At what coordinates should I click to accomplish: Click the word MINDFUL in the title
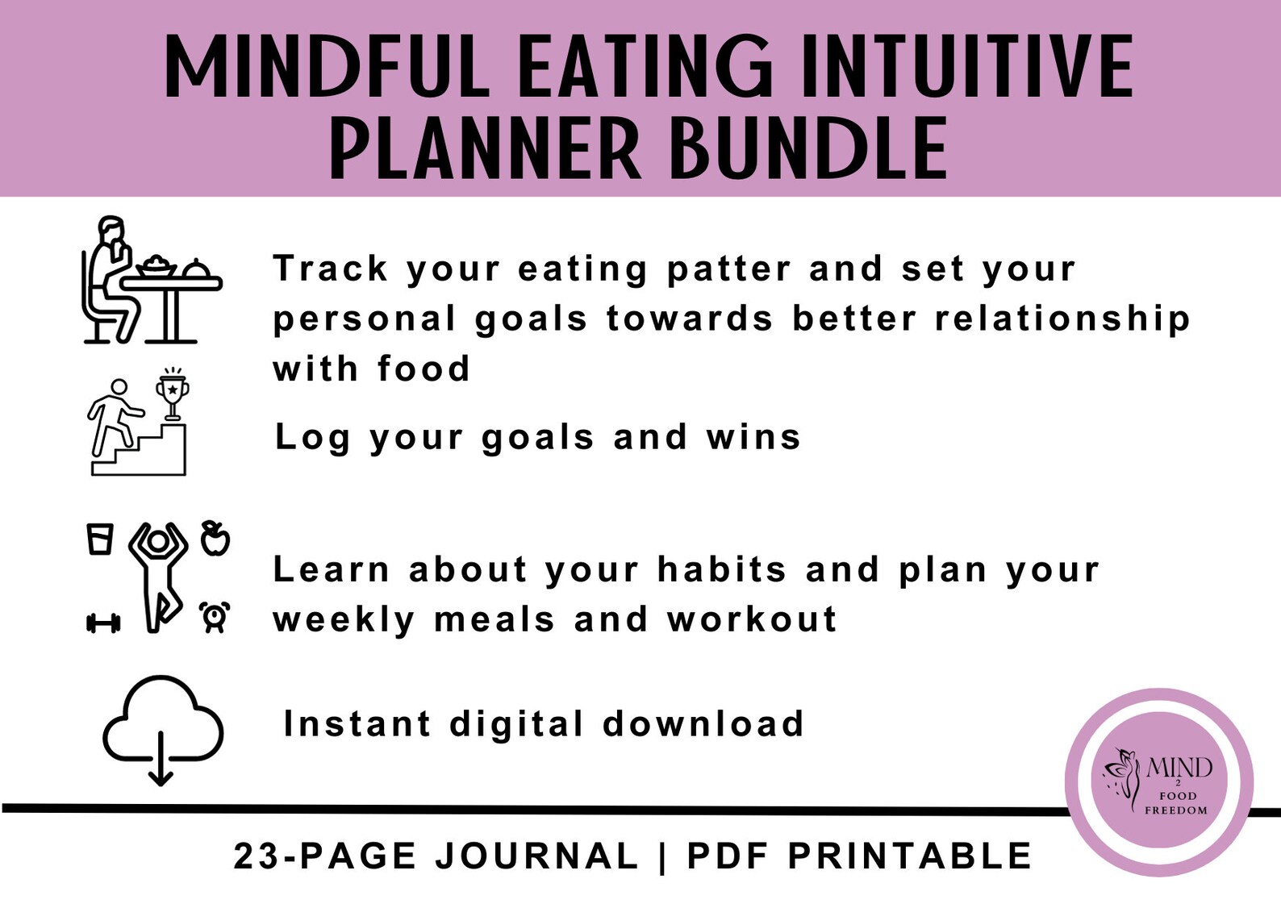click(327, 68)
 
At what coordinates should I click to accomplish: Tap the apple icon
click(215, 538)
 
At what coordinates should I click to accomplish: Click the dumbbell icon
click(102, 623)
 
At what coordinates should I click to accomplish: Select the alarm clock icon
click(215, 617)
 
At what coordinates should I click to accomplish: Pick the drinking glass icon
click(100, 539)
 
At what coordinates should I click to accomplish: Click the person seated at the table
click(109, 278)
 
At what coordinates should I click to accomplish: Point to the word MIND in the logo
click(1179, 767)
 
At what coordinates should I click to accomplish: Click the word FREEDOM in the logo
click(1176, 810)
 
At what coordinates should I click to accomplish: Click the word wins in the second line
click(753, 437)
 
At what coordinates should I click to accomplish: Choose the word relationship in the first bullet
click(1062, 319)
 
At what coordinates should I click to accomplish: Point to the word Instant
click(357, 724)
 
